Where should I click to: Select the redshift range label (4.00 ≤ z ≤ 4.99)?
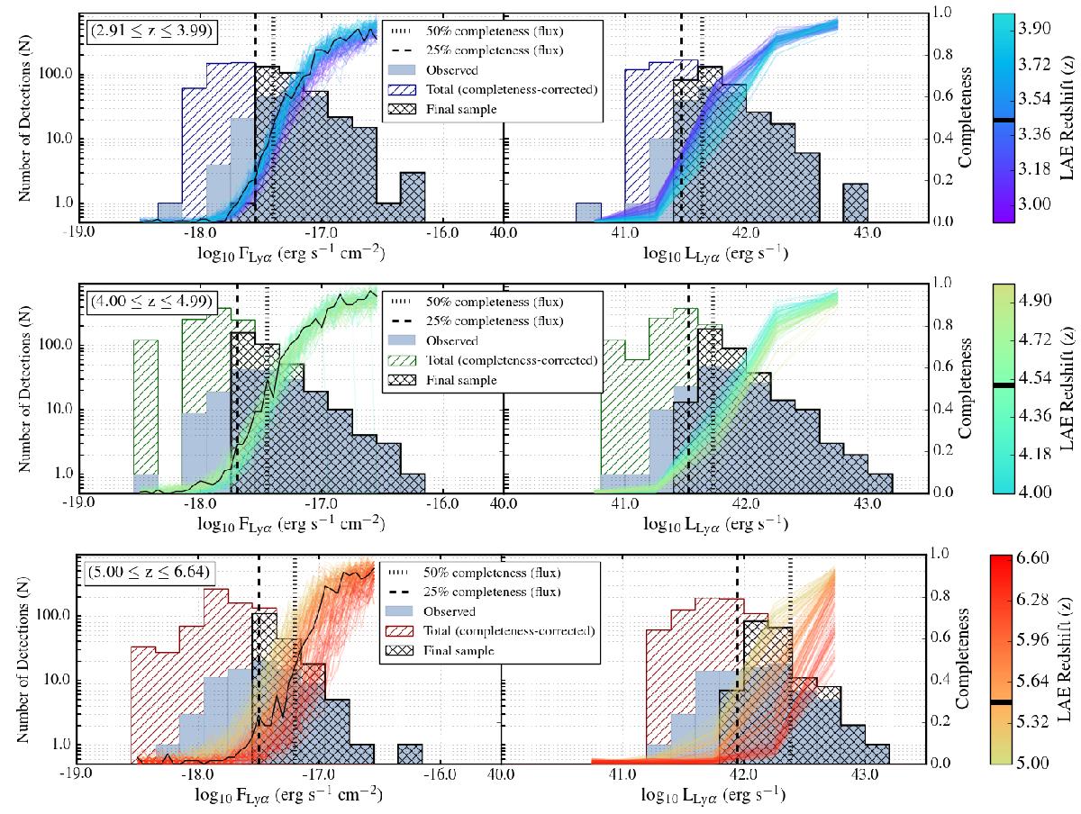(149, 301)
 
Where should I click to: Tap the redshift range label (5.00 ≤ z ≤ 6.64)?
(149, 570)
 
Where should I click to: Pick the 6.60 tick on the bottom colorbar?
(1033, 559)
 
